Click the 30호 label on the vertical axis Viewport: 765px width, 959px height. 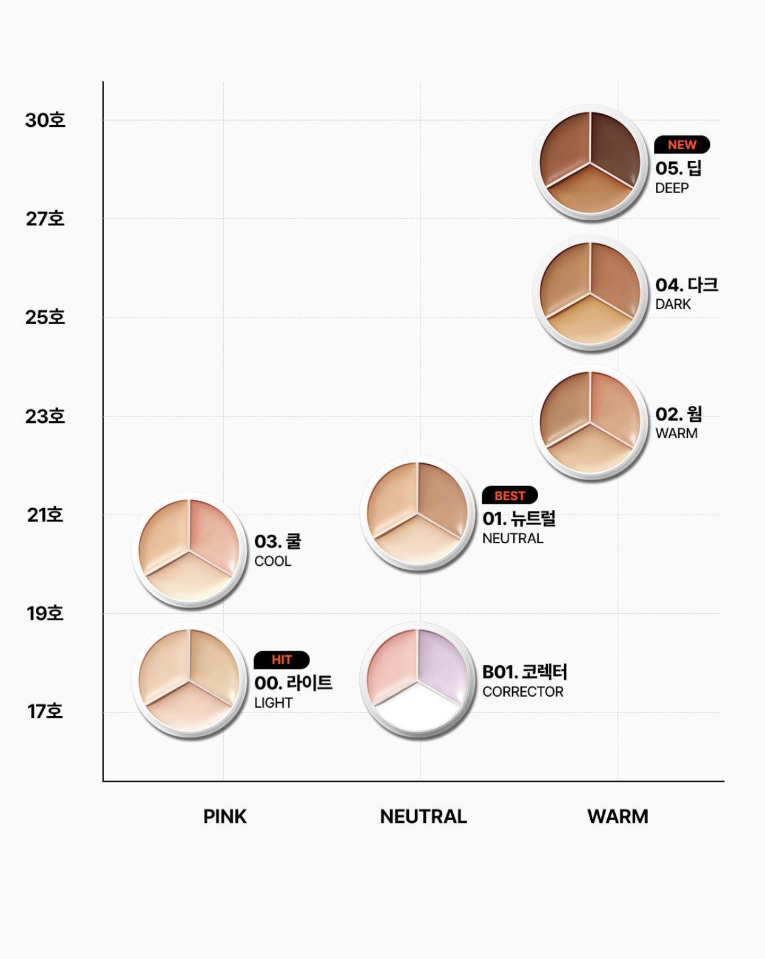pos(45,120)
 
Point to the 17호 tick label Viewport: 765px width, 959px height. pos(45,711)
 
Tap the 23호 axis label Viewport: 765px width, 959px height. pos(45,416)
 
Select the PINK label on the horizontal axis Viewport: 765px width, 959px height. pos(224,816)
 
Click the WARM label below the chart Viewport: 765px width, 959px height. pos(618,816)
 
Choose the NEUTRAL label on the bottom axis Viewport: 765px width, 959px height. pos(423,816)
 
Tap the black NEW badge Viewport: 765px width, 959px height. pos(682,145)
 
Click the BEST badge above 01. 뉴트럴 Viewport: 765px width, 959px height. pos(510,496)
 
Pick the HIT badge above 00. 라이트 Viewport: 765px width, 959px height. pos(281,660)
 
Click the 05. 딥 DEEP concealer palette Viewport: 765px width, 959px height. pos(590,163)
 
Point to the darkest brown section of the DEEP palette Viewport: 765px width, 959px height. pos(614,146)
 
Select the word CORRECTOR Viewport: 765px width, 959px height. pos(523,692)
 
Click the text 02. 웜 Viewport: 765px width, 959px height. pos(679,414)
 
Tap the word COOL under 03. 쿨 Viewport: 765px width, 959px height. pos(273,561)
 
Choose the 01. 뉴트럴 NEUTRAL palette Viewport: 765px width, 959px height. pos(418,513)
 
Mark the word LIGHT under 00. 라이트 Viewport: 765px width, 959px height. pos(274,703)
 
